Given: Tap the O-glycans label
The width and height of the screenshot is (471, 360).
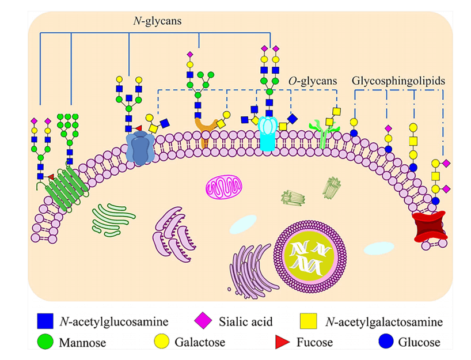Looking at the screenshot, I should (x=312, y=82).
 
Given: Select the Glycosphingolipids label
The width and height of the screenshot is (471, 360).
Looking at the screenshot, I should (x=398, y=82).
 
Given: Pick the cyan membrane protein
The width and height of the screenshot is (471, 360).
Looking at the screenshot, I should (x=268, y=134).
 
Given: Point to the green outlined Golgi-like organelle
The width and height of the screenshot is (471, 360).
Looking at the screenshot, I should (x=114, y=218).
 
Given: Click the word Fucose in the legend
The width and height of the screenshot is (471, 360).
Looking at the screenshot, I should (x=314, y=342).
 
